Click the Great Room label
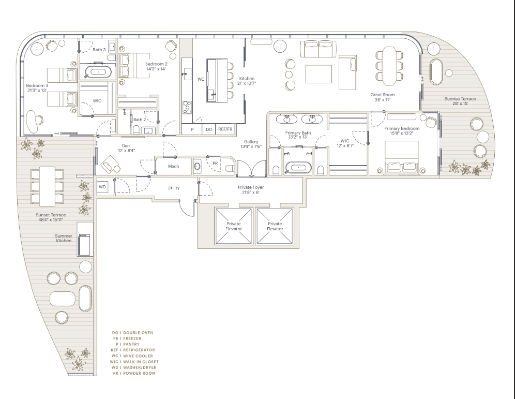[x=382, y=95]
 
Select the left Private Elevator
[x=234, y=227]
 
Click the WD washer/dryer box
[x=102, y=187]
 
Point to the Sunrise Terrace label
[x=460, y=99]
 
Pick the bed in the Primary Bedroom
[x=401, y=157]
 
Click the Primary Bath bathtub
[x=298, y=167]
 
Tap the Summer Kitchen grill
[x=84, y=244]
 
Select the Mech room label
[x=173, y=166]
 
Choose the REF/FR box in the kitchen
[x=225, y=129]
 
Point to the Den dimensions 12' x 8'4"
[x=127, y=151]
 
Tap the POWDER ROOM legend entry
[x=134, y=373]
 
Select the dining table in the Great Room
[x=389, y=64]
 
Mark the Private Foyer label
[x=251, y=187]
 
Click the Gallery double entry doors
[x=252, y=168]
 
